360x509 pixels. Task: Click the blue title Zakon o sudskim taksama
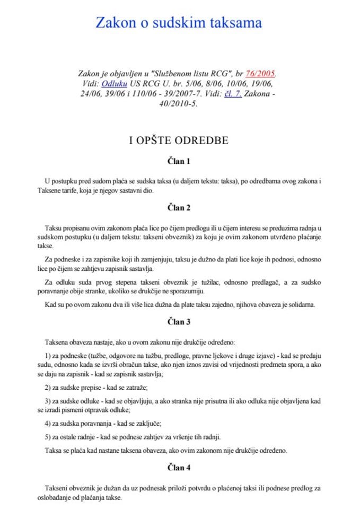179,22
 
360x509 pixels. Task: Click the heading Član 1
179,161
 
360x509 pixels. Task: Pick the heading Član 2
179,207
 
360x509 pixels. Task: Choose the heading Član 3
179,322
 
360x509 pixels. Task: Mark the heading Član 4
179,468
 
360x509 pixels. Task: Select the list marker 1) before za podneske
49,354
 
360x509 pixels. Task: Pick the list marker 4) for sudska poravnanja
49,423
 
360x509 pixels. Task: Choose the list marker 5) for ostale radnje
49,437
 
